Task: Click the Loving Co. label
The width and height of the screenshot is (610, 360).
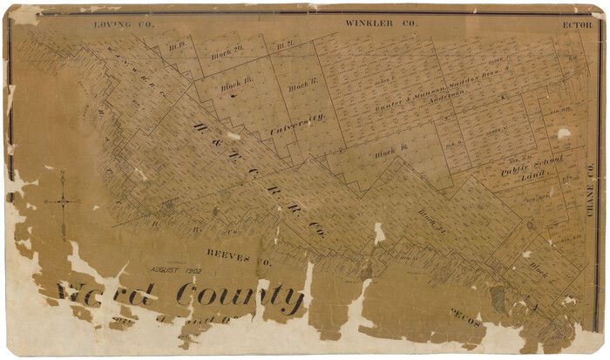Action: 124,24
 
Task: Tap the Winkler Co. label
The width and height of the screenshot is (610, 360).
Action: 381,23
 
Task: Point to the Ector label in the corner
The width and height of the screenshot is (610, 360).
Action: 577,24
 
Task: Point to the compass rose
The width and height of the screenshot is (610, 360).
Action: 63,202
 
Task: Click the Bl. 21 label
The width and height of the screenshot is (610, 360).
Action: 283,45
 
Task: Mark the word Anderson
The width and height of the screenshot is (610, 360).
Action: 445,98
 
